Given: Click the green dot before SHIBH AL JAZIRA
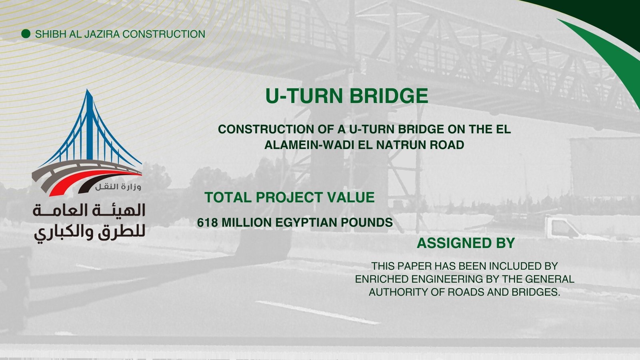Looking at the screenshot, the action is [x=26, y=34].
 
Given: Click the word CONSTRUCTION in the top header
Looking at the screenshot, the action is [x=164, y=34].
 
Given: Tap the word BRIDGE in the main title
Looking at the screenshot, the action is [x=389, y=96].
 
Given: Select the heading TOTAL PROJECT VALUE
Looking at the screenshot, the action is [x=290, y=198].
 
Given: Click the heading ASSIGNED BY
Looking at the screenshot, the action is [x=466, y=243].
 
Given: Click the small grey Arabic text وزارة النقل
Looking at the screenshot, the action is [x=118, y=187].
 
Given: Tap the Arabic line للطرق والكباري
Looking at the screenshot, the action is [x=90, y=233].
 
